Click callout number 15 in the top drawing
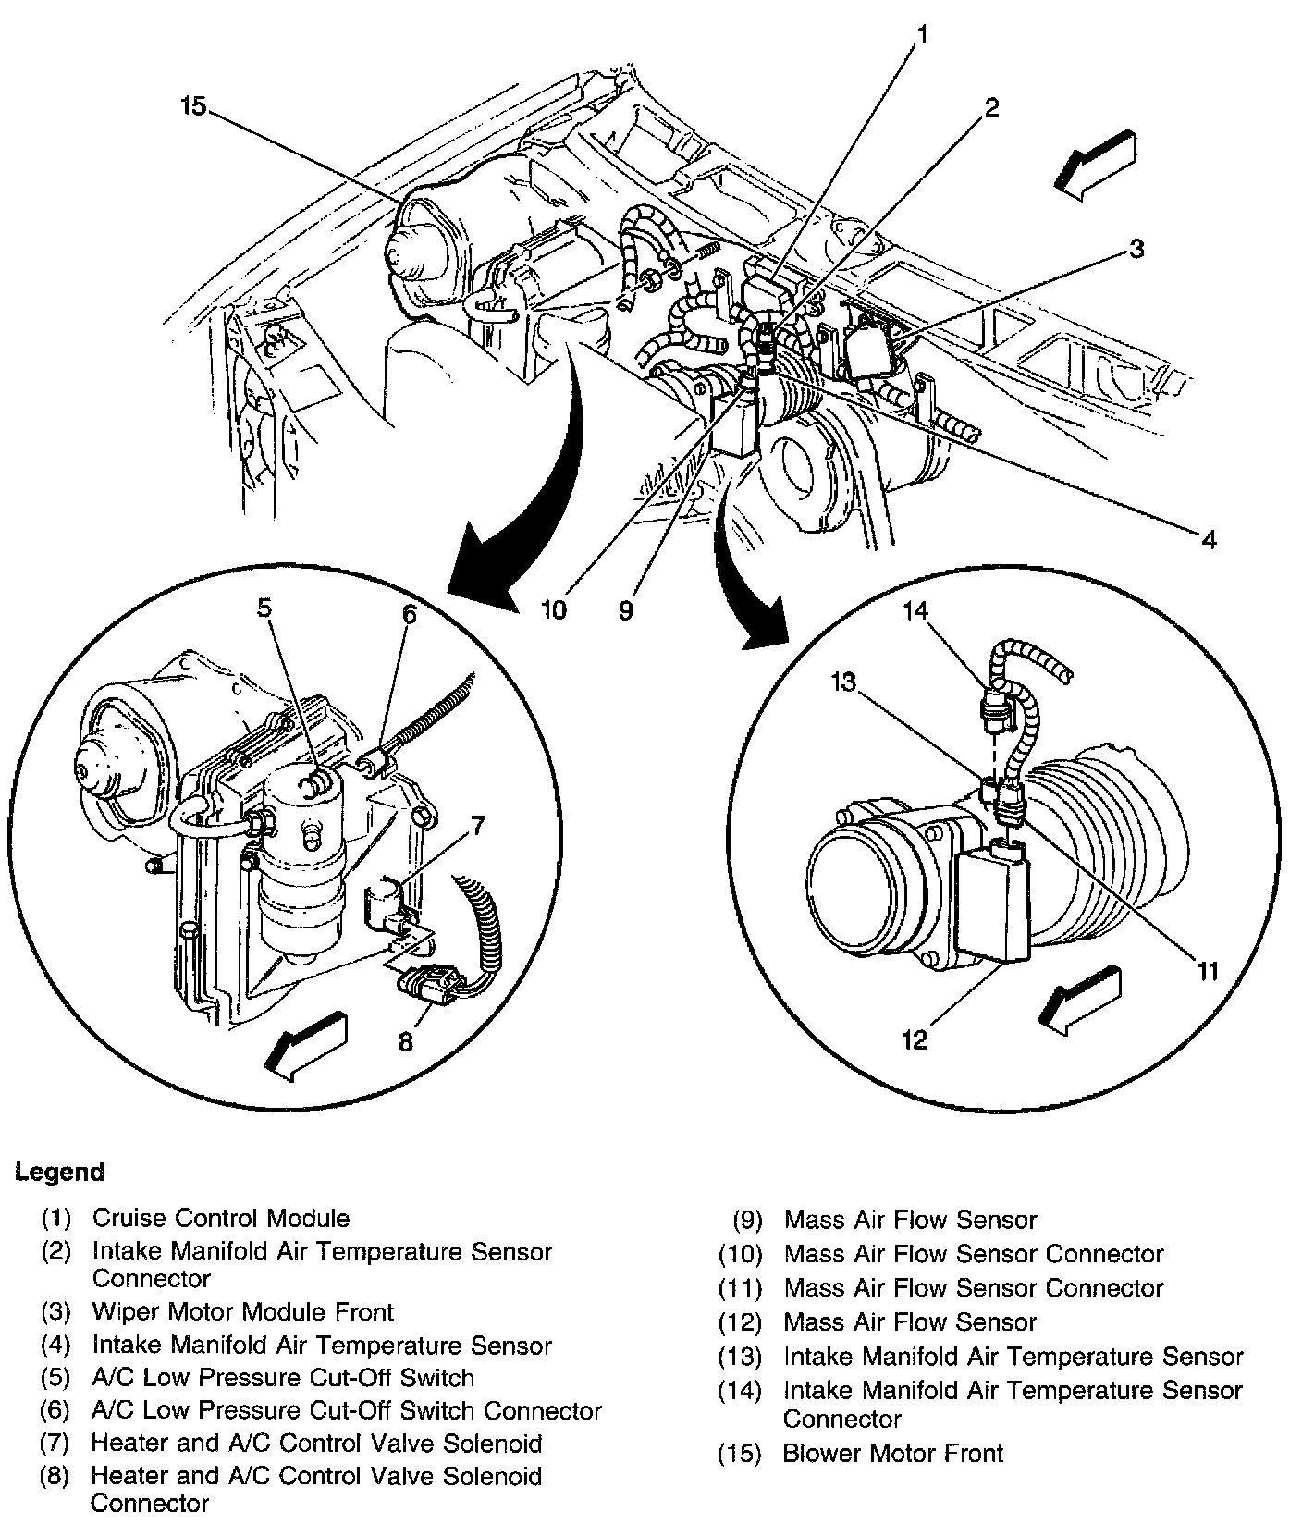click(x=193, y=107)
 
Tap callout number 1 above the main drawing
click(x=922, y=36)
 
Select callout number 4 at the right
click(x=1210, y=538)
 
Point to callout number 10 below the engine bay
click(x=554, y=611)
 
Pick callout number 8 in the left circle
click(x=406, y=1041)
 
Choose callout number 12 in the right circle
click(x=914, y=1039)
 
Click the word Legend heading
click(x=59, y=1173)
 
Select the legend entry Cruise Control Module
click(x=220, y=1219)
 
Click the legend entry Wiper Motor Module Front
click(x=242, y=1312)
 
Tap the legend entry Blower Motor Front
click(x=892, y=1454)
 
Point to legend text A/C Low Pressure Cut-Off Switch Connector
click(x=347, y=1411)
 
